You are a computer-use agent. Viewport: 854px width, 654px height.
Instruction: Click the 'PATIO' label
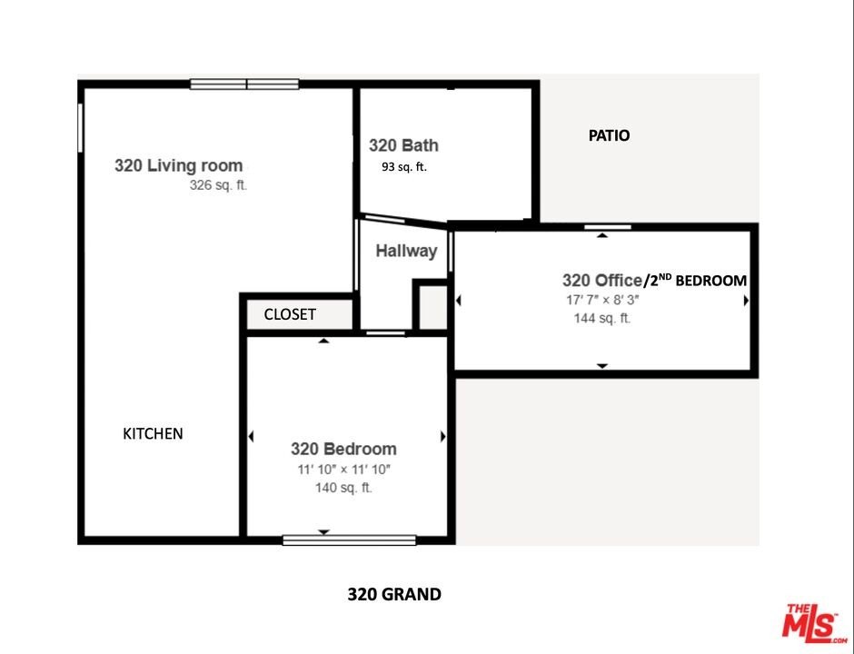[x=609, y=135]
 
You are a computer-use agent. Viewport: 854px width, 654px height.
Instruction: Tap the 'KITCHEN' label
[x=153, y=434]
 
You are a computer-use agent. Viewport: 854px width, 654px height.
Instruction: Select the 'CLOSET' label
[x=290, y=314]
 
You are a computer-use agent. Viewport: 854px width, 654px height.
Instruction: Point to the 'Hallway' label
[x=406, y=251]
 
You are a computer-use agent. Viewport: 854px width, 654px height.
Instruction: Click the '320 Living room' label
[x=179, y=165]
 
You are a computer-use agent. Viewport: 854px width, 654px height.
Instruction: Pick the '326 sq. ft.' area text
[x=218, y=185]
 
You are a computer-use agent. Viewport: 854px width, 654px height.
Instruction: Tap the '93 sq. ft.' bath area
[x=404, y=167]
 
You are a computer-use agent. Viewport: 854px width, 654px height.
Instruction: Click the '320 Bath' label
[x=403, y=145]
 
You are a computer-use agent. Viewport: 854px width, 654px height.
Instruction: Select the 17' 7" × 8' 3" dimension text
[x=602, y=300]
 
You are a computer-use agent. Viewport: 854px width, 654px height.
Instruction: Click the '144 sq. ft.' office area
[x=601, y=318]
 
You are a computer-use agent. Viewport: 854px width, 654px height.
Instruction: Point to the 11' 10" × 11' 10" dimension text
[x=344, y=470]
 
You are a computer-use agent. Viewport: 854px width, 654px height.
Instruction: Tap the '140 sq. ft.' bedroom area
[x=343, y=488]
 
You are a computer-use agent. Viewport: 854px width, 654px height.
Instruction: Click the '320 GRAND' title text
[x=394, y=594]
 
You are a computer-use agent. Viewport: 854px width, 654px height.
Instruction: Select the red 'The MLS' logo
[x=814, y=624]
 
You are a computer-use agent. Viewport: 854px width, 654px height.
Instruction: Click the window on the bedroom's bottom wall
[x=349, y=540]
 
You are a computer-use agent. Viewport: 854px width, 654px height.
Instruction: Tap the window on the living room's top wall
[x=244, y=84]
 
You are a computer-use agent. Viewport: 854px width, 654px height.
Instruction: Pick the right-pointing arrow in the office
[x=746, y=300]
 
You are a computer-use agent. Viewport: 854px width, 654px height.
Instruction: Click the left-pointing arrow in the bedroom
[x=251, y=436]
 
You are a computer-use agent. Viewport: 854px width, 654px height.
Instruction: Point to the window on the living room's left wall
[x=80, y=128]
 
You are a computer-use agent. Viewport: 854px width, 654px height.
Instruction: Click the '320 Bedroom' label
[x=343, y=450]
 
